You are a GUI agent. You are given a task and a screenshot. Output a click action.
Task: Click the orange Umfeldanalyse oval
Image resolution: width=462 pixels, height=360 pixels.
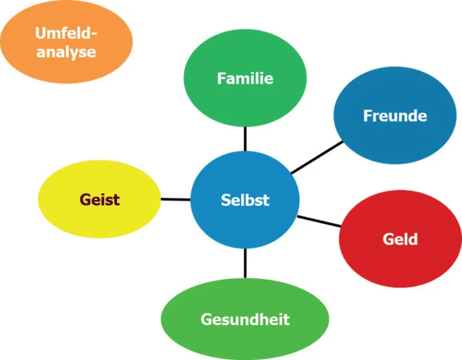click(66, 41)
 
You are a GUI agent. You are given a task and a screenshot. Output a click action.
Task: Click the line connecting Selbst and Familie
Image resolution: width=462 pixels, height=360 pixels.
click(245, 139)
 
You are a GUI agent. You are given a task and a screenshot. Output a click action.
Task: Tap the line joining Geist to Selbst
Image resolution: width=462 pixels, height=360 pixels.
click(175, 199)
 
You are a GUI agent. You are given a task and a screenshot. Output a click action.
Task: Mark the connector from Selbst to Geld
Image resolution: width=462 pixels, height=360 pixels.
click(319, 220)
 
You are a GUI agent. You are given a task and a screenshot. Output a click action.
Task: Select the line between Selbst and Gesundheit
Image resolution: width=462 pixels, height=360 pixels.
click(245, 264)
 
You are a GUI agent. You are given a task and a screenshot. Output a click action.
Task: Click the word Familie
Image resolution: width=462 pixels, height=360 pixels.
click(245, 79)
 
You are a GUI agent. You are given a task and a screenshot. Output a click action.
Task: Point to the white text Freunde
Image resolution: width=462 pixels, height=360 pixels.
click(395, 117)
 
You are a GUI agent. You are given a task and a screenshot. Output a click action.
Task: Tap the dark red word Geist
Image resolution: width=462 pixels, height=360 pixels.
click(100, 199)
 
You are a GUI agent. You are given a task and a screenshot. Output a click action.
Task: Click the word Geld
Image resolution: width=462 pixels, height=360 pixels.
click(400, 239)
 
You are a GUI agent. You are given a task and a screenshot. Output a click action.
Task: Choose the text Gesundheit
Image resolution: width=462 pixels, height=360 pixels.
click(245, 319)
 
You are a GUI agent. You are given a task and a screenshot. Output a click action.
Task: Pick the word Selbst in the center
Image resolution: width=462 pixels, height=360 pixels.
click(245, 199)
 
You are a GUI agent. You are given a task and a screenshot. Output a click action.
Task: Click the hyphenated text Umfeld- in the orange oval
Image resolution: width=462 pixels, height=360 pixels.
click(66, 32)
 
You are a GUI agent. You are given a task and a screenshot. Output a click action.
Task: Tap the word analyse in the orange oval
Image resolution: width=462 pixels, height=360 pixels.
click(66, 52)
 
